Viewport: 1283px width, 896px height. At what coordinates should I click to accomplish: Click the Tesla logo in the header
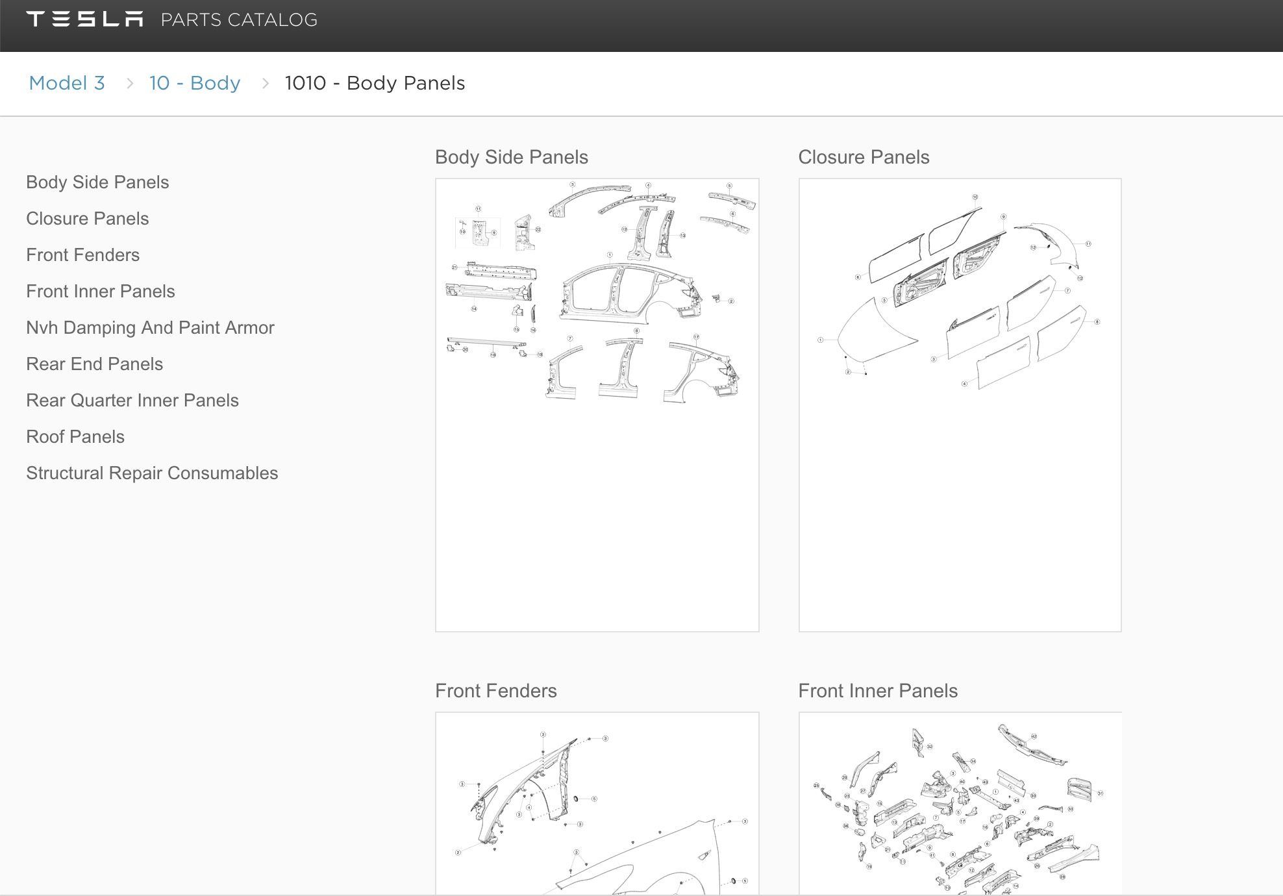point(84,19)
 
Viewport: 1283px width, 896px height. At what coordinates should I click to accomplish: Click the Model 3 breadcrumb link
point(67,83)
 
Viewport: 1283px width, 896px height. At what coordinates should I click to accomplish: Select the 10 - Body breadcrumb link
point(195,83)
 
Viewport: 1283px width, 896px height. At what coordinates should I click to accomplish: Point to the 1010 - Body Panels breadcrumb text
point(375,83)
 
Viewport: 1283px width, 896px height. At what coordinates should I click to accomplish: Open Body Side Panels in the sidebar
point(97,182)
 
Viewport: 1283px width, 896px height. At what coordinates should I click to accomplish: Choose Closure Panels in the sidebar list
point(88,219)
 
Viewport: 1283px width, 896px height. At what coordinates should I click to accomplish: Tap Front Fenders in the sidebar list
point(83,255)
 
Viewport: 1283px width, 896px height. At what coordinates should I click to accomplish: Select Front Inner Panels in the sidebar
point(101,292)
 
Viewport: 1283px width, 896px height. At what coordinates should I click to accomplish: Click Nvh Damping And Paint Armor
point(150,328)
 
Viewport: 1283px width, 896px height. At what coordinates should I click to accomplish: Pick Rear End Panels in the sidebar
point(95,364)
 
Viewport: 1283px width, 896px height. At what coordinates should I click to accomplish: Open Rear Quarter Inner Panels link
point(132,401)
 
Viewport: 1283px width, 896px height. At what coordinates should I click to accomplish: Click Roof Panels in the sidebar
point(75,437)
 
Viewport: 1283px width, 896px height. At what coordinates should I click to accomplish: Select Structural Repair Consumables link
point(152,473)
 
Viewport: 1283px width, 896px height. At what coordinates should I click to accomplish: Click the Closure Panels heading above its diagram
point(864,157)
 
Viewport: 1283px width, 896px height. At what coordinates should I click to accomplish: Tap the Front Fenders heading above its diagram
point(496,691)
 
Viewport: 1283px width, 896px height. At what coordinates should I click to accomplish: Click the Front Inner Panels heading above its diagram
point(878,691)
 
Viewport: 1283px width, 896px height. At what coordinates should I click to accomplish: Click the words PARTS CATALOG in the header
point(239,20)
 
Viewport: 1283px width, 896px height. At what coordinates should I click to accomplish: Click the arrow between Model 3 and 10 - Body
point(130,84)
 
